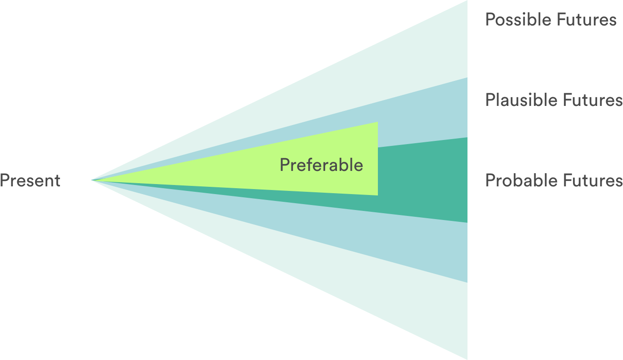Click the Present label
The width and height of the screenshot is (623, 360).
pos(30,180)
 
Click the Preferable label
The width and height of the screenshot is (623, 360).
pos(321,165)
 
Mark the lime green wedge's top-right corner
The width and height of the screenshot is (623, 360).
pos(377,122)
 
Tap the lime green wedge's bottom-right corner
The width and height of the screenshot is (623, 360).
pos(377,195)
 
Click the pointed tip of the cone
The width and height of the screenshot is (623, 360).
pos(92,180)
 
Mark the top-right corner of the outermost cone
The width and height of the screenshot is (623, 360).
pos(467,1)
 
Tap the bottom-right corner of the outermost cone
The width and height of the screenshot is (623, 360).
pos(467,359)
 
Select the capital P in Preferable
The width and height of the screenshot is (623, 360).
pos(284,165)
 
